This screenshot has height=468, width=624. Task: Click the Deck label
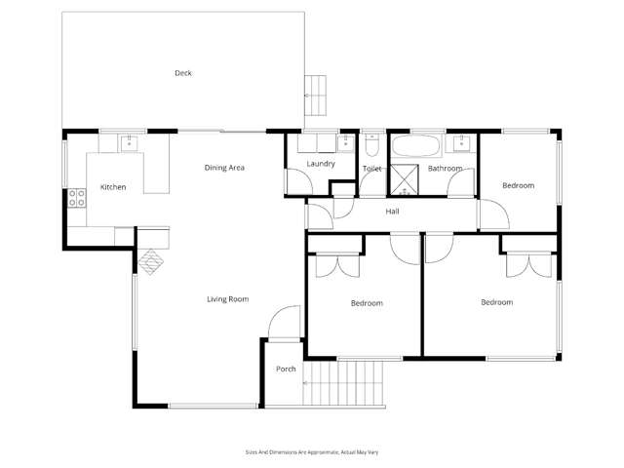click(182, 73)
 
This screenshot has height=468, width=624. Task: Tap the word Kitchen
click(113, 186)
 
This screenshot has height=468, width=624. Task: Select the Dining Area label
click(223, 168)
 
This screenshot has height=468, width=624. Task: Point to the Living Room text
click(228, 299)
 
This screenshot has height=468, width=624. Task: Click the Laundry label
click(320, 164)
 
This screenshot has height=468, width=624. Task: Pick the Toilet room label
click(371, 169)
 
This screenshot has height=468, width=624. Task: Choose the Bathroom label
click(445, 169)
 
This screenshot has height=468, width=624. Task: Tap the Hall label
click(392, 212)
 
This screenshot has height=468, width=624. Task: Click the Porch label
click(286, 369)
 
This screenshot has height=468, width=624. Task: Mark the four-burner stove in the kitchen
click(76, 200)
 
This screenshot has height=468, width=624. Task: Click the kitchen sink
click(129, 144)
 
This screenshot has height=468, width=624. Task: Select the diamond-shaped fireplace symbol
click(149, 261)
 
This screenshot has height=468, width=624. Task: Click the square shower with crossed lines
click(403, 181)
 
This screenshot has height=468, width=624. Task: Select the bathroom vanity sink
click(462, 145)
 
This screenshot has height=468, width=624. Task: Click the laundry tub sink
click(345, 144)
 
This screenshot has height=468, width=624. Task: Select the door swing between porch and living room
click(284, 322)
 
